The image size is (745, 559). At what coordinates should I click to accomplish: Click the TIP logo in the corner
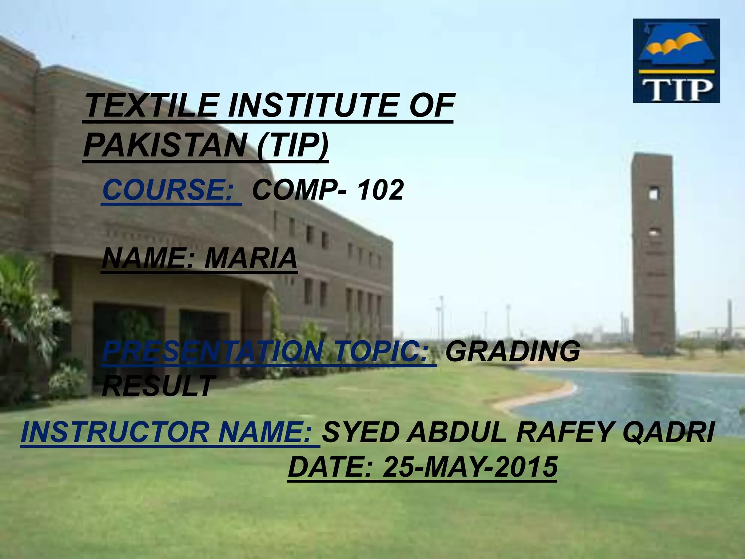(677, 61)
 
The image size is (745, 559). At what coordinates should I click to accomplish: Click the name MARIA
(251, 258)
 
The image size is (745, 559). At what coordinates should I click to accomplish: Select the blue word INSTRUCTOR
(116, 432)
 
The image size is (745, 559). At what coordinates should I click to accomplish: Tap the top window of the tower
(654, 193)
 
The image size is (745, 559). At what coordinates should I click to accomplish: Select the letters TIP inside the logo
(677, 89)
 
